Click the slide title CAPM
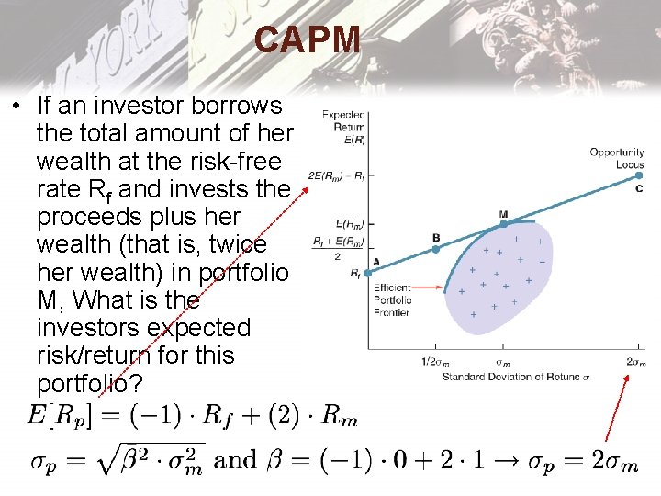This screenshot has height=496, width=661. pyautogui.click(x=308, y=40)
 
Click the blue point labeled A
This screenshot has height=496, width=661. pyautogui.click(x=367, y=272)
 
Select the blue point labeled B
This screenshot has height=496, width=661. pyautogui.click(x=436, y=248)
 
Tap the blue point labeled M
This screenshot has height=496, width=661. pyautogui.click(x=503, y=223)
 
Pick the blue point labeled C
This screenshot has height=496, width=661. pyautogui.click(x=638, y=176)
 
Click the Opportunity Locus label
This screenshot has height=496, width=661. pyautogui.click(x=617, y=158)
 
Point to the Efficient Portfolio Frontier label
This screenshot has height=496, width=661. pyautogui.click(x=392, y=300)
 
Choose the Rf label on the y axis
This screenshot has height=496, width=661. pyautogui.click(x=356, y=273)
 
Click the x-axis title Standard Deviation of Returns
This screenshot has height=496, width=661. pyautogui.click(x=515, y=376)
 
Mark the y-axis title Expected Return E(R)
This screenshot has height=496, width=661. pyautogui.click(x=343, y=128)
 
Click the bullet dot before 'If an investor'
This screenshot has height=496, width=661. pyautogui.click(x=17, y=107)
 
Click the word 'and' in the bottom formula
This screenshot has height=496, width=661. pyautogui.click(x=235, y=459)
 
